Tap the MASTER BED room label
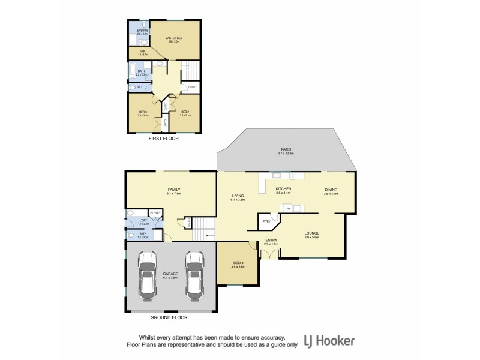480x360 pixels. (174, 38)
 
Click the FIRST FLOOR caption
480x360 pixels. (163, 139)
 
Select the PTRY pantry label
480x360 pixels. (266, 221)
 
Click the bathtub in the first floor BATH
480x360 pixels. (132, 73)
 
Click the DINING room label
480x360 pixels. (331, 189)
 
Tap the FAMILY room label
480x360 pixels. (174, 190)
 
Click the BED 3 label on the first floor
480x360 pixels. (143, 112)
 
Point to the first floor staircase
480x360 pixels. (190, 71)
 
